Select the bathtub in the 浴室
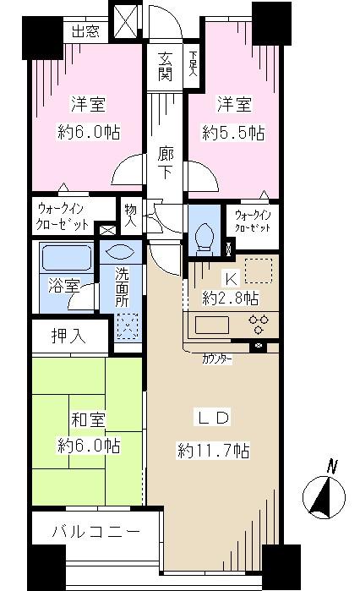tap(64, 259)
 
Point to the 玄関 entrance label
tap(165, 67)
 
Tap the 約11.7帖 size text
tap(212, 450)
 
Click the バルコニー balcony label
tap(85, 534)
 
